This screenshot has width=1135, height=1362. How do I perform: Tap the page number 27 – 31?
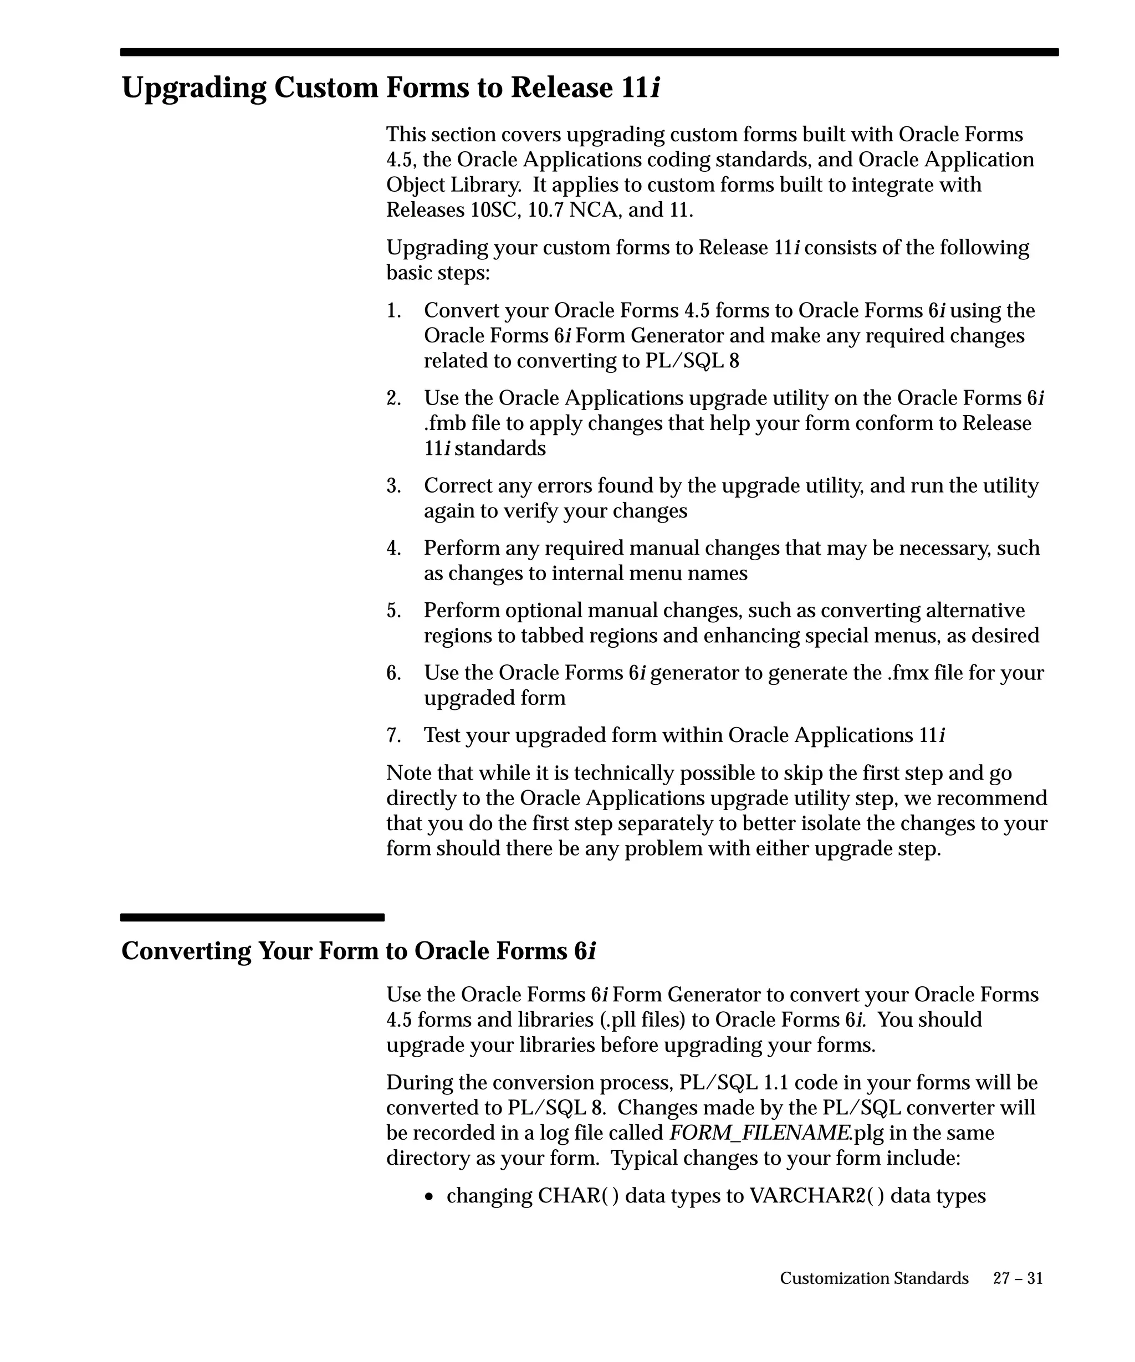click(1018, 1278)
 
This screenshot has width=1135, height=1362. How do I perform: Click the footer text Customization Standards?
click(873, 1278)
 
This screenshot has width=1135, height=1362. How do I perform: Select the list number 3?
click(393, 486)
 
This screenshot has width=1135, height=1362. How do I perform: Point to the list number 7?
click(393, 735)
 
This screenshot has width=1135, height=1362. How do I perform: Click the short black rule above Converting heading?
click(252, 917)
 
